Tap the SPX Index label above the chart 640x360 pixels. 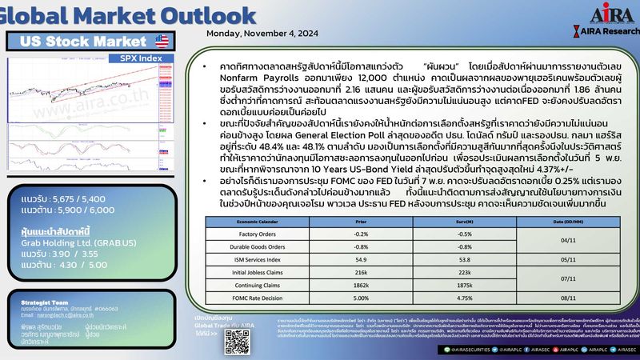click(141, 58)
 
